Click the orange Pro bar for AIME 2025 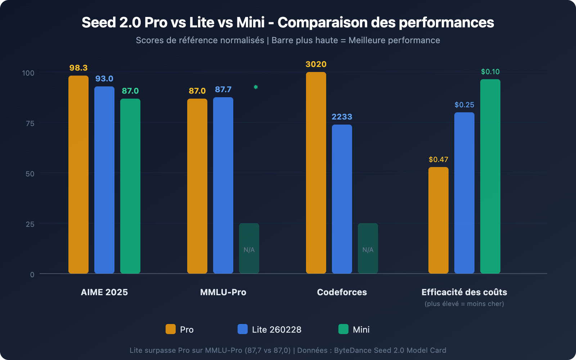point(78,175)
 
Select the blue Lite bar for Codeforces point(342,199)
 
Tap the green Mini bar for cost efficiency point(490,176)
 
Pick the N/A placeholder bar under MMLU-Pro point(249,248)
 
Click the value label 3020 point(316,64)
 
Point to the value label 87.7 point(223,90)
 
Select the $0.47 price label point(438,159)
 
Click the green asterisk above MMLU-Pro point(256,87)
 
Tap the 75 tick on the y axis point(30,123)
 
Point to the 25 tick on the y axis point(30,224)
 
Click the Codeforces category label point(342,292)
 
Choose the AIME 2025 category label point(104,292)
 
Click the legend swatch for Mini point(343,329)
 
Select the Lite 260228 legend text point(276,330)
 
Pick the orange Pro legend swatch point(171,329)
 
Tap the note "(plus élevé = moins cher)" point(464,304)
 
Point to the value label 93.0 point(104,79)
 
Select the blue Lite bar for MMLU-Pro point(223,185)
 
